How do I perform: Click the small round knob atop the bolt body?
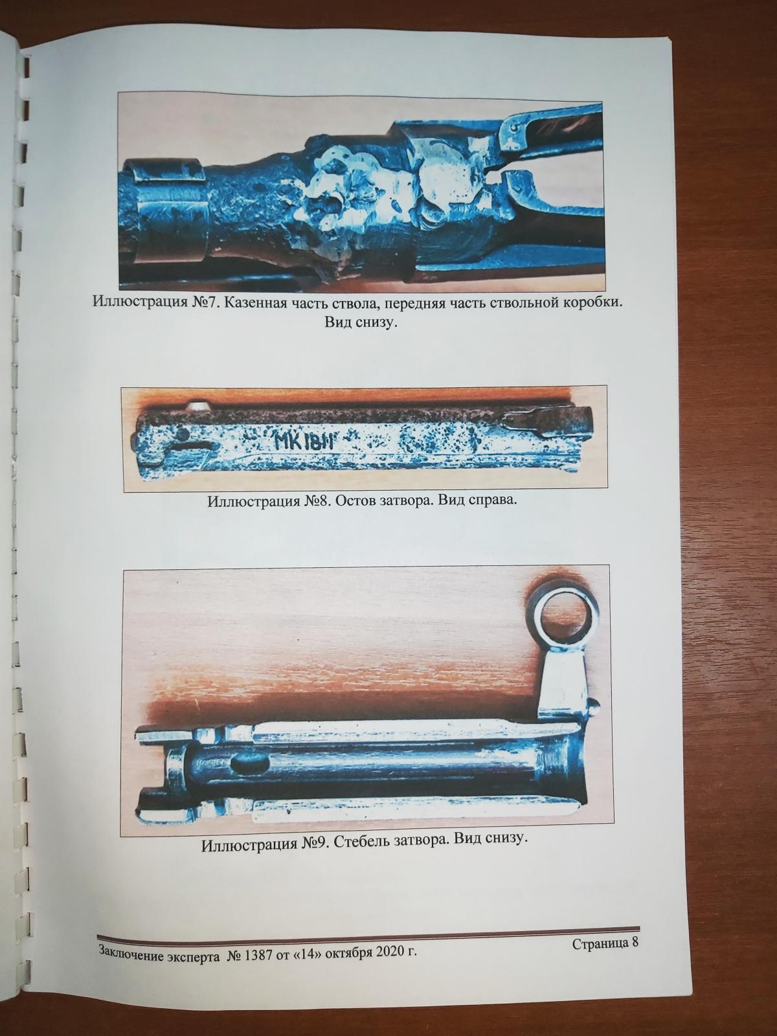[x=197, y=406]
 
